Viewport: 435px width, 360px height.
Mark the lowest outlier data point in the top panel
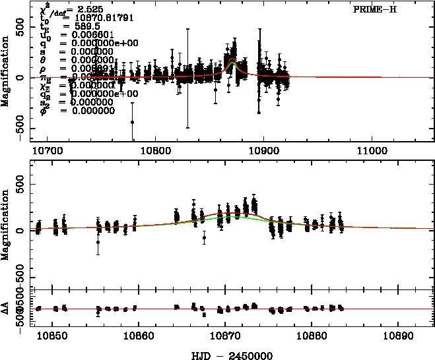(132, 122)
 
